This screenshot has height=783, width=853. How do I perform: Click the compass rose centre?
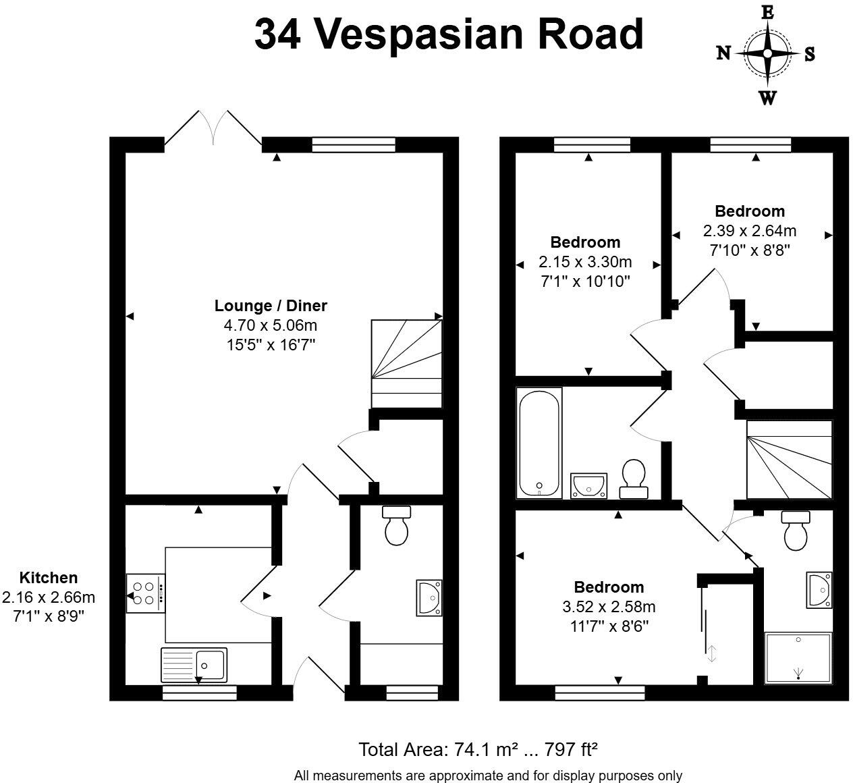coord(767,53)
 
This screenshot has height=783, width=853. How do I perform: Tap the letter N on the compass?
coord(723,53)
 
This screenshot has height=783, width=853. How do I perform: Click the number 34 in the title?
coord(277,34)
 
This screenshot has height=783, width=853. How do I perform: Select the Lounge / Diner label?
coord(271,305)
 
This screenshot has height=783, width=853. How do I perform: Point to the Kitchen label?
coord(49,578)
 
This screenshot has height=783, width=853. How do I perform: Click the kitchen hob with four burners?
coord(145,593)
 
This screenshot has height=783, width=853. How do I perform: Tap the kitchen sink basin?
coord(210,665)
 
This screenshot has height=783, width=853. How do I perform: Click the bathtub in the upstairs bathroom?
coord(539,443)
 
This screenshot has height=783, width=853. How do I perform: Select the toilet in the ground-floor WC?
coord(396,525)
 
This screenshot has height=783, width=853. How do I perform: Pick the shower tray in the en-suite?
coord(798,659)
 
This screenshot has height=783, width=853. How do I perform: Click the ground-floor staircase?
coord(406,364)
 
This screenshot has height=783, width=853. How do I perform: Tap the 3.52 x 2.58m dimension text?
coord(609,607)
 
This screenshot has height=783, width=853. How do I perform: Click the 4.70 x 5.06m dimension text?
coord(271,325)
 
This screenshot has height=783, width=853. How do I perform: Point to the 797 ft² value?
coord(570,749)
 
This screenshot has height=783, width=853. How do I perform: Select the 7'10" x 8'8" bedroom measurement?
coord(749,250)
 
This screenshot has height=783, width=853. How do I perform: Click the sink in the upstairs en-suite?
coord(819,590)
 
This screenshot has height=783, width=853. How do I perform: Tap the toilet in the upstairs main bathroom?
coord(634,479)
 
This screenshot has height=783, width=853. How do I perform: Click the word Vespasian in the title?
coord(419,36)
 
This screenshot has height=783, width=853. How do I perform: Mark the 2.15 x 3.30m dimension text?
coord(585,262)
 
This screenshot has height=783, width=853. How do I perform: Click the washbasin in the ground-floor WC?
coord(429,597)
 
